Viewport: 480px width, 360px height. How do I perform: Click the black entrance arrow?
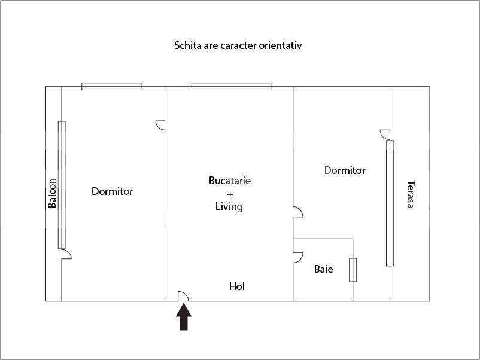coord(184,317)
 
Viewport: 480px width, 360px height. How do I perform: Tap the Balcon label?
coord(53,193)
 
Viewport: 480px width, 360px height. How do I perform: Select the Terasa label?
coord(411,194)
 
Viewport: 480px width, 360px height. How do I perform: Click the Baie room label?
coord(323,270)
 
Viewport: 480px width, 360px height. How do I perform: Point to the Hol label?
coord(237,287)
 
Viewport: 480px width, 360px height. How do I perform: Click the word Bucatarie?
coord(230,181)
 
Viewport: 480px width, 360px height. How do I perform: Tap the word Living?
coord(229,207)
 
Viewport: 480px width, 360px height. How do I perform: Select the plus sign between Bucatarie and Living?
coord(230,194)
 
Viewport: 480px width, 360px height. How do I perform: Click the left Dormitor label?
coord(112,192)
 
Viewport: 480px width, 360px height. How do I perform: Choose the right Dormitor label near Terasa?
coord(345,170)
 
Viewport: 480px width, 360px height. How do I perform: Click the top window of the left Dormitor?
coord(112,86)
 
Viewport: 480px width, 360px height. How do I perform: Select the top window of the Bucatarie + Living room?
coord(230,86)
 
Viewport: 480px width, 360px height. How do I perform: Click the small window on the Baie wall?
coord(353,270)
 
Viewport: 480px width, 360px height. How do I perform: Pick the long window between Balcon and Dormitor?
coord(62,185)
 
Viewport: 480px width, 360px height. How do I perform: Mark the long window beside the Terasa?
coord(390,203)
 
